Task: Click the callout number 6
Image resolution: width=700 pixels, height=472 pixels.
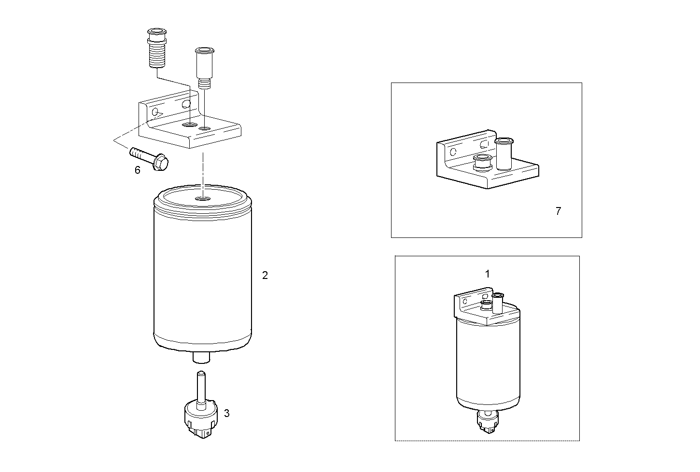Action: tap(138, 170)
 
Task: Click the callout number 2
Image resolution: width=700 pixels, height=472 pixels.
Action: tap(265, 276)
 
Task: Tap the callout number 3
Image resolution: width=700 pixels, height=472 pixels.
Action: tap(227, 413)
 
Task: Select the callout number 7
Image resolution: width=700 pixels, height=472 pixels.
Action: tap(559, 211)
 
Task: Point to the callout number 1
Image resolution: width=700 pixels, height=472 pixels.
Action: tap(488, 274)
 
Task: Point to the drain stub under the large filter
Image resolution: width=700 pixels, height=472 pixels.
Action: tap(201, 358)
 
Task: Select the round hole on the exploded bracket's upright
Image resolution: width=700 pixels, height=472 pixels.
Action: tap(155, 112)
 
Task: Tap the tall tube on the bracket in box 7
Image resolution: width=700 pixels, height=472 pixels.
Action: tap(503, 153)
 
